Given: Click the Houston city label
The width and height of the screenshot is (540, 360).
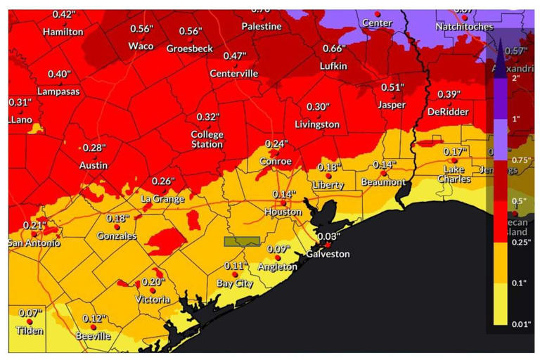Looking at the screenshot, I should pyautogui.click(x=283, y=212).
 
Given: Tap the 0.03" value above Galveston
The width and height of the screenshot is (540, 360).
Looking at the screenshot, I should pyautogui.click(x=328, y=237).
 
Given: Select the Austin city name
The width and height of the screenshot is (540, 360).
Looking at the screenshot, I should pyautogui.click(x=93, y=166).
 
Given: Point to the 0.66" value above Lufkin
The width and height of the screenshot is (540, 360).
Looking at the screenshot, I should pyautogui.click(x=334, y=49).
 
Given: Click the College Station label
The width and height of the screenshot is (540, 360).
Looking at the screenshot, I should pyautogui.click(x=207, y=139).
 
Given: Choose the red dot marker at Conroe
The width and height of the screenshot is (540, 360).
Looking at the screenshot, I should pyautogui.click(x=276, y=153).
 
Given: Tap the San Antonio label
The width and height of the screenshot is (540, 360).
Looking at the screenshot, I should pyautogui.click(x=34, y=243).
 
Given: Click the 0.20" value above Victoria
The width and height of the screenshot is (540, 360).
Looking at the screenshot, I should pyautogui.click(x=153, y=282).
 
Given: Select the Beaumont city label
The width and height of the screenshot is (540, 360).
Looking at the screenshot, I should pyautogui.click(x=383, y=183).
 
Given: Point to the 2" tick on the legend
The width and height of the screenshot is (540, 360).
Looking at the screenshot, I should pyautogui.click(x=518, y=77).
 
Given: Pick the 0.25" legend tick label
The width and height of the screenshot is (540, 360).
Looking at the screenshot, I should pyautogui.click(x=521, y=242).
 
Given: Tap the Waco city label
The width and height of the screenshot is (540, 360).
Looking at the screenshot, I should pyautogui.click(x=141, y=46).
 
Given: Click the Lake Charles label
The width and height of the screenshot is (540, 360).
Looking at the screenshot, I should pyautogui.click(x=454, y=174).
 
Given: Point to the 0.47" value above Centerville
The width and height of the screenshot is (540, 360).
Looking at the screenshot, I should pyautogui.click(x=234, y=56).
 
